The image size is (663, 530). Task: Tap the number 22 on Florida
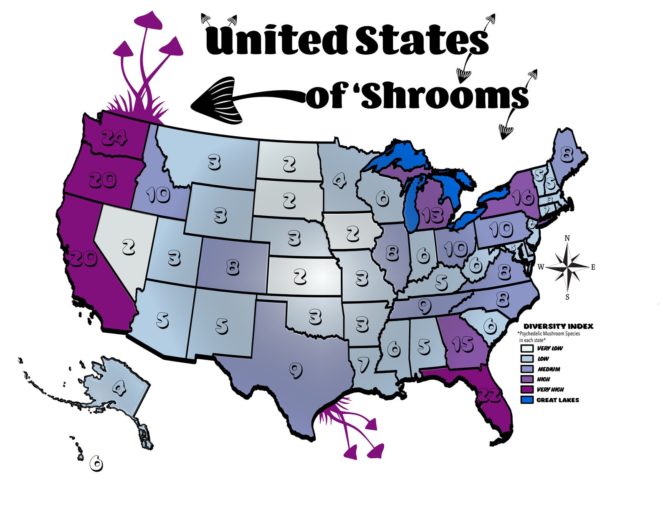point(490,394)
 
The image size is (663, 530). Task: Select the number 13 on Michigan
point(432,215)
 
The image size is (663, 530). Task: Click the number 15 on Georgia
point(462,344)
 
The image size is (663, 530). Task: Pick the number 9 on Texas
point(296,370)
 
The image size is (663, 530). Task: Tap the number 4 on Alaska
point(119,389)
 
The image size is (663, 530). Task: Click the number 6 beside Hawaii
point(96,463)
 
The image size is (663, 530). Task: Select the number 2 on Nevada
point(129,247)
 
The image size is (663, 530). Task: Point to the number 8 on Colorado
point(232,267)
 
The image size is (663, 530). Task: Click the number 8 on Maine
point(566,155)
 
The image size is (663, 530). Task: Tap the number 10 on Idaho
point(158,195)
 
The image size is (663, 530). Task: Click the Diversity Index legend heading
point(558,326)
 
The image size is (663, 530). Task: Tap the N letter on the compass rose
point(567,238)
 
